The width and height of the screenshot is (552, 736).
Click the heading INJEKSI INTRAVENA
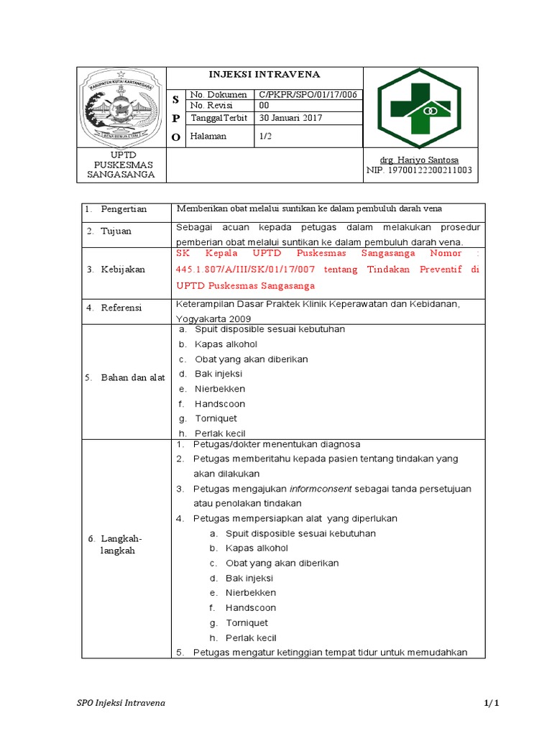click(x=264, y=75)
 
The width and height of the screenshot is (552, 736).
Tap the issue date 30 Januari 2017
click(x=290, y=118)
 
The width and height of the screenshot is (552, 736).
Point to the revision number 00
click(x=264, y=106)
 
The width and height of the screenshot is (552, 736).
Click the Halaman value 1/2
click(x=265, y=135)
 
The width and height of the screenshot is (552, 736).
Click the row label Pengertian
click(x=123, y=209)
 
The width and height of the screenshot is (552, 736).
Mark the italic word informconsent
click(x=321, y=489)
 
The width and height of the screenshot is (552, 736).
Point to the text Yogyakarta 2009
click(x=213, y=317)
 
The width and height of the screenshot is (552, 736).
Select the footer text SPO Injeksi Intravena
click(x=121, y=702)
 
